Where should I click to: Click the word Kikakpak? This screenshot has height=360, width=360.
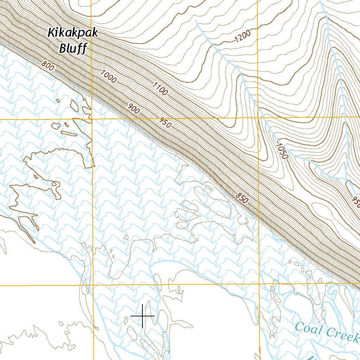73,33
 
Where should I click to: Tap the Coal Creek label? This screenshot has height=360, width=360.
327,332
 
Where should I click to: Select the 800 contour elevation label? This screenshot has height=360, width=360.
47,65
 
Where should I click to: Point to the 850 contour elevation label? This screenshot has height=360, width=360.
242,198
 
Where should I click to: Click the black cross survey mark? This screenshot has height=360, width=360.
142,316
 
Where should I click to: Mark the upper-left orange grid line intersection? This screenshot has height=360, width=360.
92,119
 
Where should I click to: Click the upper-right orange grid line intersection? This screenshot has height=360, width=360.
259,117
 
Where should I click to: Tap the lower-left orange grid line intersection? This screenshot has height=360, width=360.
93,285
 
